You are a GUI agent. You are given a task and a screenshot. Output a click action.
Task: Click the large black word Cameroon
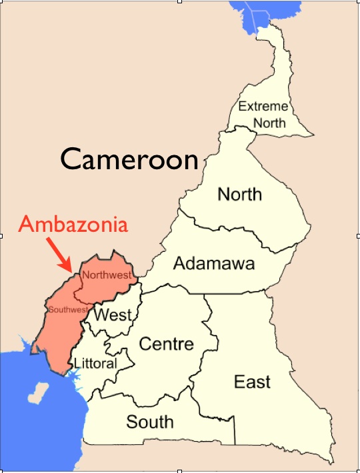(130, 159)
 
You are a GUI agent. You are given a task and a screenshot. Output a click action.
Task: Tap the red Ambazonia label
(73, 224)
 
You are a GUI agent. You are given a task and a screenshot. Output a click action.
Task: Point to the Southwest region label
(67, 310)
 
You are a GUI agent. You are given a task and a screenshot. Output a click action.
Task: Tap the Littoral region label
(95, 364)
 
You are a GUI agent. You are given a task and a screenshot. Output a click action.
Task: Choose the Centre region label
(166, 344)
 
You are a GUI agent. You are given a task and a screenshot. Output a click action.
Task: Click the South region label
(150, 421)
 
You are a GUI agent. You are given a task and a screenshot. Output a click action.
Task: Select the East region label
(253, 382)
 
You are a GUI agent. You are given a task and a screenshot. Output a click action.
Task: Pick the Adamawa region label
(213, 263)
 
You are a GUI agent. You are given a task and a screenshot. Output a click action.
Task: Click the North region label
(240, 195)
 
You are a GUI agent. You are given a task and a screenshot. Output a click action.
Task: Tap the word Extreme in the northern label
(263, 106)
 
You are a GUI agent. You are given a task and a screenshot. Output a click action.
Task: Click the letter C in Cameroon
(71, 160)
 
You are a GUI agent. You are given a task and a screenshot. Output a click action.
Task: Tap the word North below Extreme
(269, 123)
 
